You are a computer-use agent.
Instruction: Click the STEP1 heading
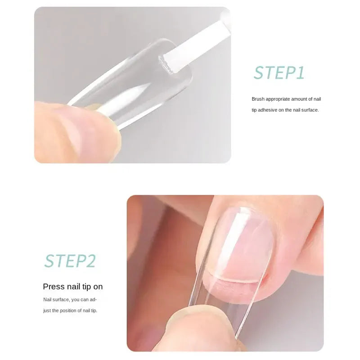pos(279,72)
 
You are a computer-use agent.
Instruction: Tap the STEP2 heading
pos(70,261)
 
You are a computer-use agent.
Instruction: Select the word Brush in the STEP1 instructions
pos(258,99)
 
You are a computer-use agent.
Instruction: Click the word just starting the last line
pos(47,310)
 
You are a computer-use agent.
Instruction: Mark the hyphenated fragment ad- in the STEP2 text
pos(93,299)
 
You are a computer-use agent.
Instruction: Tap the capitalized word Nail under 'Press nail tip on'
pos(47,299)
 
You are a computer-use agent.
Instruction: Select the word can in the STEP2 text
pos(84,299)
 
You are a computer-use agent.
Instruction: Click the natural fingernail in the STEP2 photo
pos(243,252)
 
